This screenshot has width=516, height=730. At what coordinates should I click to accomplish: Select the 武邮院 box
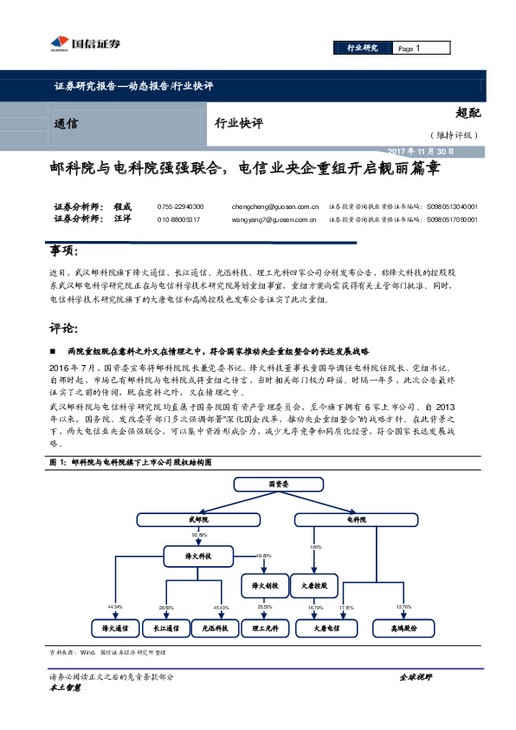[x=199, y=519]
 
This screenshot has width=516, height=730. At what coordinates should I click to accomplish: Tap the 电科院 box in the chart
[x=357, y=519]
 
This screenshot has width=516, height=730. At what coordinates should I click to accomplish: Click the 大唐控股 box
[x=313, y=587]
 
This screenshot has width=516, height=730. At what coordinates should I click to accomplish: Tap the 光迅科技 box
[x=214, y=627]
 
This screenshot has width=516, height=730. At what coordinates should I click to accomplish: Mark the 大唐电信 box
[x=326, y=627]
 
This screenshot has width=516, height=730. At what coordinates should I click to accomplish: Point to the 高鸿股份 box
[x=403, y=627]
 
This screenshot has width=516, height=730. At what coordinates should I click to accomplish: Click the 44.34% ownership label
[x=115, y=606]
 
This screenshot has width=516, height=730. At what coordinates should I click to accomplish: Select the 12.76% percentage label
[x=403, y=606]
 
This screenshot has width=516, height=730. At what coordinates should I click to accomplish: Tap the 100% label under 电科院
[x=315, y=548]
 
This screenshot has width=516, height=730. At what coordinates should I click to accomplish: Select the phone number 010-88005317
[x=178, y=220]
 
